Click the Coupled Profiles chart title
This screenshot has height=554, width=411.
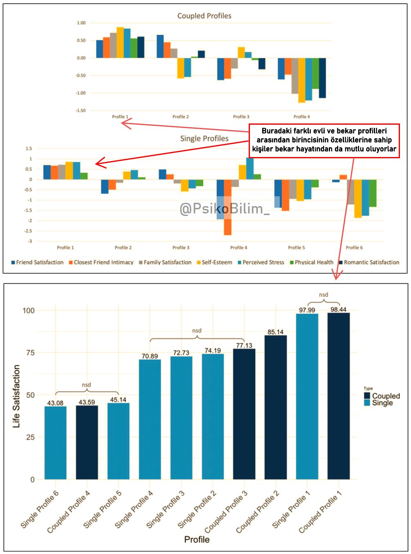(204, 16)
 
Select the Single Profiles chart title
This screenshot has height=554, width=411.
(204, 139)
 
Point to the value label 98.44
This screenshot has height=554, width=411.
(338, 310)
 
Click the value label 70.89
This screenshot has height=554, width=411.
(150, 356)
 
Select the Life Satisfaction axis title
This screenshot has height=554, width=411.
(16, 396)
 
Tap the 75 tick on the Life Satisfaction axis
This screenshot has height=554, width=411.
(30, 352)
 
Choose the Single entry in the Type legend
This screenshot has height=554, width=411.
(382, 403)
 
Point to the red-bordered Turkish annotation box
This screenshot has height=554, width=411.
(324, 140)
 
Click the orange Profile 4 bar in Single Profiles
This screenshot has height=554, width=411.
(228, 207)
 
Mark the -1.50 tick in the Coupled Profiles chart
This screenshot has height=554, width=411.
(81, 110)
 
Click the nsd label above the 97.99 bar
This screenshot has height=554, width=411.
(323, 295)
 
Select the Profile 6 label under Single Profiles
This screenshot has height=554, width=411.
(354, 248)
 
